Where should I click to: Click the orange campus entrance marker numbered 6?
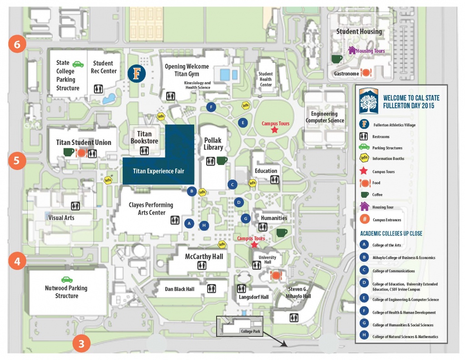click(17, 44)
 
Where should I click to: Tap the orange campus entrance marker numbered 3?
click(81, 343)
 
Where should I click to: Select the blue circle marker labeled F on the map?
click(211, 107)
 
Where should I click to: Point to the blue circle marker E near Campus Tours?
click(243, 123)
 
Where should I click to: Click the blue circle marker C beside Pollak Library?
click(232, 184)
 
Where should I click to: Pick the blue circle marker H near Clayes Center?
click(204, 225)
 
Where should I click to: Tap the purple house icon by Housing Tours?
click(352, 50)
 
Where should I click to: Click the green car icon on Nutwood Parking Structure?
click(67, 279)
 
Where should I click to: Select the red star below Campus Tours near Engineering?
click(275, 130)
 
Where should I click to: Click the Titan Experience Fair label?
click(158, 171)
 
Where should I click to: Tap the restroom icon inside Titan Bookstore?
click(144, 151)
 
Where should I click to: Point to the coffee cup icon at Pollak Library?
click(222, 160)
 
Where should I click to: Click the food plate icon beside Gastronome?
click(366, 73)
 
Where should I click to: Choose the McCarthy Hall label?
click(204, 256)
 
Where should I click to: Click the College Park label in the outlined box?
click(251, 331)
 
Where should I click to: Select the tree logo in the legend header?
click(369, 101)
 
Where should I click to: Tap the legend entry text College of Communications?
click(394, 271)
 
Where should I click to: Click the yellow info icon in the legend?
click(364, 158)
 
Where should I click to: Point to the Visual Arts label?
click(61, 218)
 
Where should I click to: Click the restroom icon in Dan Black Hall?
click(212, 289)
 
